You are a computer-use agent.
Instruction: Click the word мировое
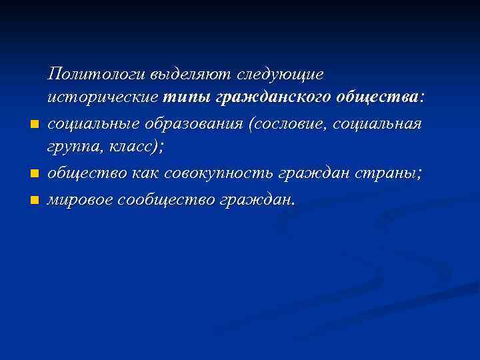(79, 199)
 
